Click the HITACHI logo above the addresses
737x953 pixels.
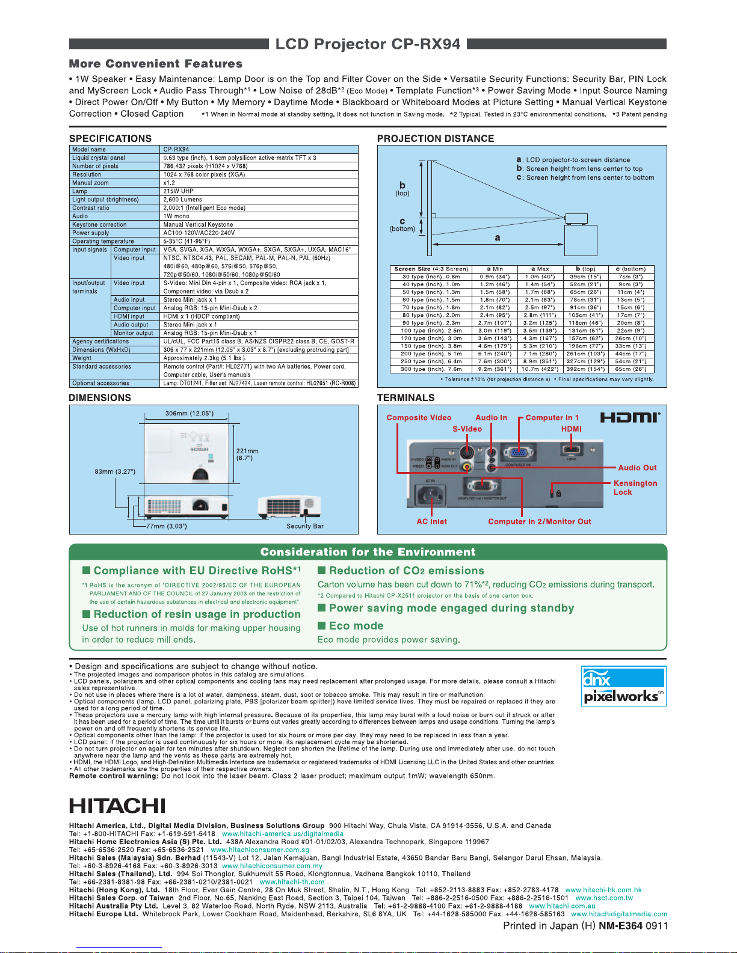[x=117, y=806]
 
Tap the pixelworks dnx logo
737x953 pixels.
[x=623, y=685]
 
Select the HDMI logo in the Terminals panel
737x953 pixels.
[x=630, y=417]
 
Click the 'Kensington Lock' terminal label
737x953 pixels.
[x=635, y=488]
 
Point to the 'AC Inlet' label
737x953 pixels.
[x=431, y=522]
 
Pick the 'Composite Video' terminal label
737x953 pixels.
[x=419, y=418]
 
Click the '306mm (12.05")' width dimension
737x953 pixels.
[x=189, y=414]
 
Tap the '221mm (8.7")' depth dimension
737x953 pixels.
[x=247, y=455]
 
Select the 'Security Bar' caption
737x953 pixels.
[x=304, y=526]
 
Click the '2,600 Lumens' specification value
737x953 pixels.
[x=183, y=200]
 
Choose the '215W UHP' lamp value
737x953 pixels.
[x=178, y=191]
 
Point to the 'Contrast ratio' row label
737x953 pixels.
[x=91, y=208]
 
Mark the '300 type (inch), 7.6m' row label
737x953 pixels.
[x=432, y=369]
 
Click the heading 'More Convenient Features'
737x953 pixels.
[x=156, y=64]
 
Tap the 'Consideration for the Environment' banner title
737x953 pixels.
[x=368, y=552]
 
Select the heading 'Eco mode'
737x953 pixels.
[x=356, y=626]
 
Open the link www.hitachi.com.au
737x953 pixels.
[x=562, y=906]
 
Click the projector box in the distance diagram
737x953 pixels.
[x=576, y=219]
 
